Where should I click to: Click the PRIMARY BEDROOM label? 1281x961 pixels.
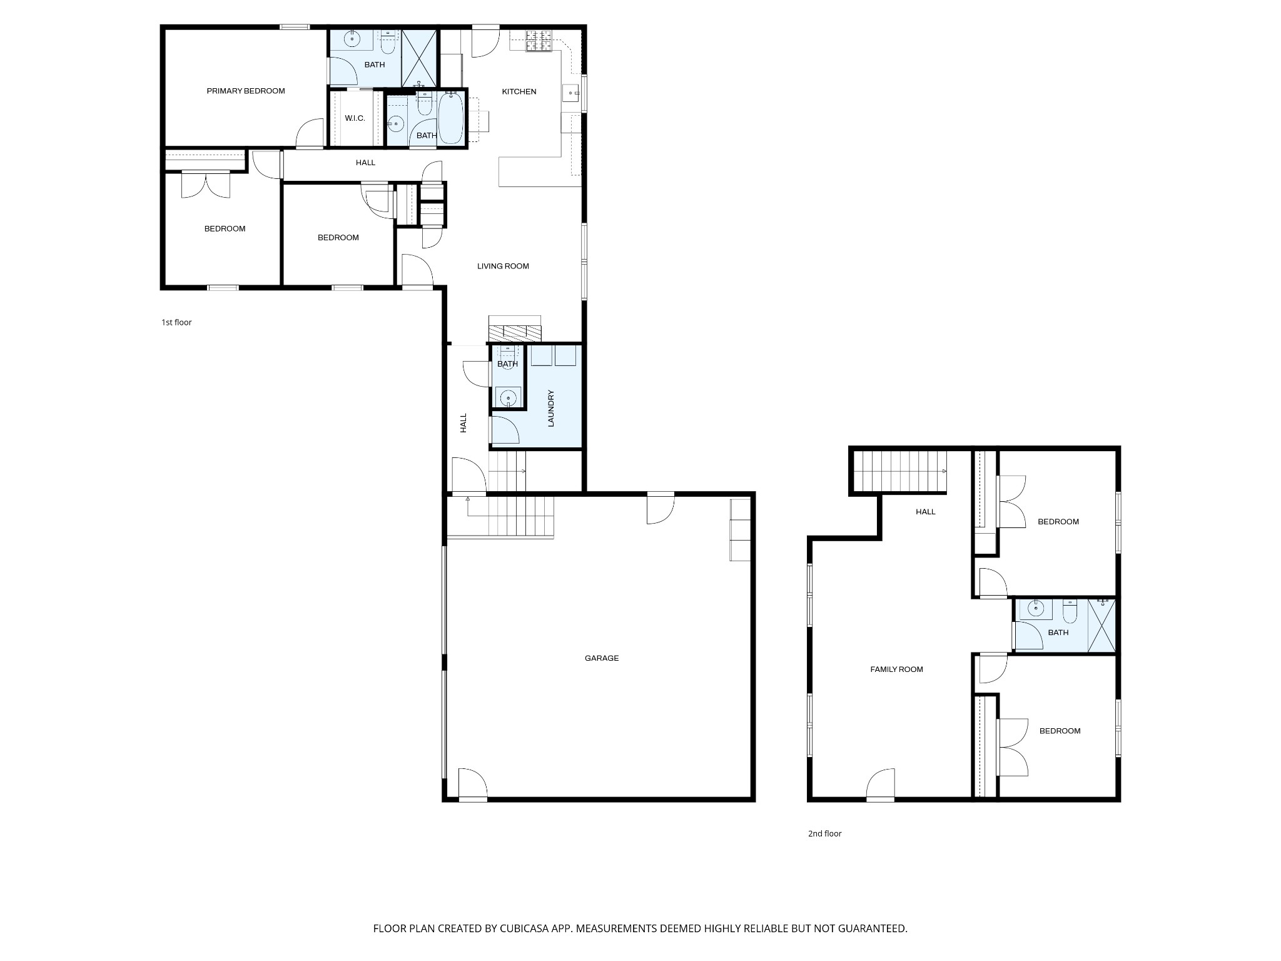click(x=246, y=91)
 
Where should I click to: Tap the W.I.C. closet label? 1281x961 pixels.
click(x=355, y=118)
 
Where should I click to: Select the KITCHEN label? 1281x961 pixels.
click(x=519, y=92)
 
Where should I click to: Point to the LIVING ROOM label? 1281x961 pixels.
click(x=503, y=267)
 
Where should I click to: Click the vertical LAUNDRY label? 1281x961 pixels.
click(x=551, y=409)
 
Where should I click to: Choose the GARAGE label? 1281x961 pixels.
click(x=602, y=658)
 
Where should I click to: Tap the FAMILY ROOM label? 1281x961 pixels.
click(x=896, y=669)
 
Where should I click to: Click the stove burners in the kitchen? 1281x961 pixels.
click(x=539, y=41)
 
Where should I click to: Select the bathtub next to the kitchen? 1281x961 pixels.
click(x=451, y=119)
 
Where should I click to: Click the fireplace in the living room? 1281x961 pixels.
click(x=515, y=332)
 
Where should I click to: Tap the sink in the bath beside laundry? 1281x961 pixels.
click(x=509, y=397)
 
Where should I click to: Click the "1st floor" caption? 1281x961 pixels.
click(x=176, y=323)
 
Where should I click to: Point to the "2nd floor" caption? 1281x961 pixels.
click(x=824, y=833)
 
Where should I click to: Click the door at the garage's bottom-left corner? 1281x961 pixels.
click(x=472, y=785)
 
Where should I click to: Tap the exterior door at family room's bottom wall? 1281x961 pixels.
click(x=881, y=786)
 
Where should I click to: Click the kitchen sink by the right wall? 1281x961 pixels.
click(x=572, y=94)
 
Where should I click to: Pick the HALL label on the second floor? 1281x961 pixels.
click(x=925, y=512)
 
